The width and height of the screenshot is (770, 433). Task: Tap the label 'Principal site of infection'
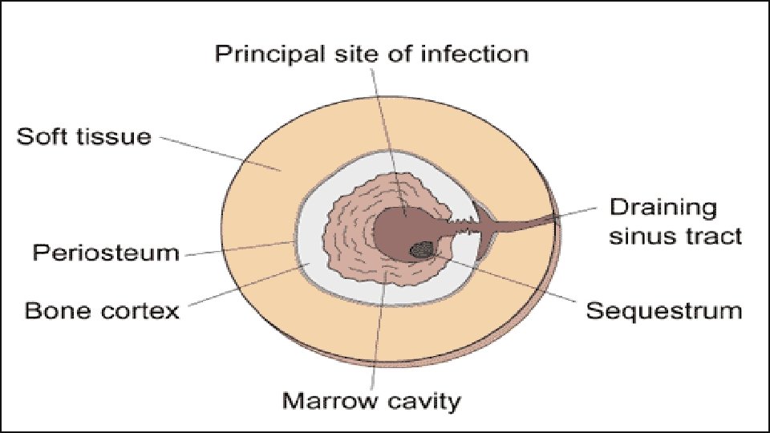[x=372, y=54]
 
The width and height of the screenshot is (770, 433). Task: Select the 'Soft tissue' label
[x=83, y=136]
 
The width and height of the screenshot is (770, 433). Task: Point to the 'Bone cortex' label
[x=102, y=310]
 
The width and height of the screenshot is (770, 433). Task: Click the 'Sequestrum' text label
[x=664, y=310]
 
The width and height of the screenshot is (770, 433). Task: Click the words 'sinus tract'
[x=675, y=236]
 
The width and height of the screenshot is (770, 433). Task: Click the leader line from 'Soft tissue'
[x=217, y=152]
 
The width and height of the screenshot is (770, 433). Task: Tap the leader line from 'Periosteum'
[x=241, y=247]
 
